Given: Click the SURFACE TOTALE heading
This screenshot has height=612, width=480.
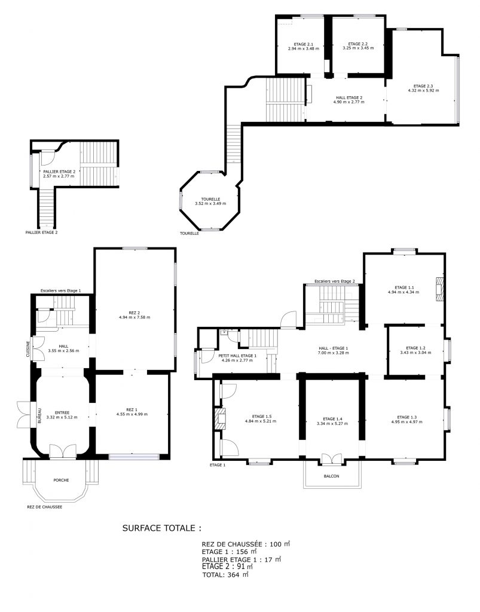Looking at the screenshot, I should [x=161, y=528].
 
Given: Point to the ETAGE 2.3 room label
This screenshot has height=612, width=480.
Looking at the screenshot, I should [x=423, y=86].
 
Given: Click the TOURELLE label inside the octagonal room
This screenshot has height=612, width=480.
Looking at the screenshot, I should [x=207, y=199].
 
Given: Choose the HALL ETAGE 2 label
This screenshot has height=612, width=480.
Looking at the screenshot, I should [x=348, y=97].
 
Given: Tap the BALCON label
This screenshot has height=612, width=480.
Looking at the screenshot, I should [x=332, y=476].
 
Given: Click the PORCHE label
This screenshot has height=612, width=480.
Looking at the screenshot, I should [x=60, y=480].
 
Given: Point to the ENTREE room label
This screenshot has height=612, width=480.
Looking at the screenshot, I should [x=62, y=412].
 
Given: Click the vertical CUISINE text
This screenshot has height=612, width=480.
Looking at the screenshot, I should [x=27, y=348].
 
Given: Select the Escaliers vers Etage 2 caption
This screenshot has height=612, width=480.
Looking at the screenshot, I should [x=335, y=281].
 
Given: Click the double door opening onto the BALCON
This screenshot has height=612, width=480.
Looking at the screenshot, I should [x=331, y=459].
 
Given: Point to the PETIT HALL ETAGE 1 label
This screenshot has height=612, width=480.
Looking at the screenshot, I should [x=237, y=356].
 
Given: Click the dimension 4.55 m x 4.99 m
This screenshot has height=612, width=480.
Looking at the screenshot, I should [x=132, y=414].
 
